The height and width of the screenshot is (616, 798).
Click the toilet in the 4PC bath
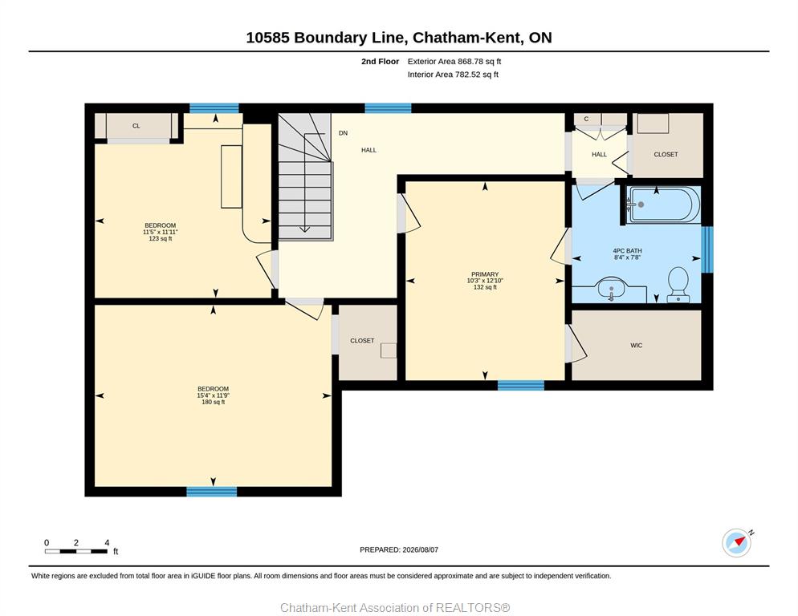tap(678, 285)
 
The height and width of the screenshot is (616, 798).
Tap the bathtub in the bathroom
tap(663, 205)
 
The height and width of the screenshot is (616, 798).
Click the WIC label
tap(636, 346)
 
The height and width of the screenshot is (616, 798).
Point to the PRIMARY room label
tap(485, 274)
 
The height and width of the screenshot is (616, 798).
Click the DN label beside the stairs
tap(343, 133)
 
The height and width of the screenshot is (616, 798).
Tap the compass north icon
tap(737, 542)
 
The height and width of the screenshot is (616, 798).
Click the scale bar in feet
tap(76, 551)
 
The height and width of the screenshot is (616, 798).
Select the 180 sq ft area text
tap(214, 403)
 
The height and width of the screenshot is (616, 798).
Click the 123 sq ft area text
tap(161, 238)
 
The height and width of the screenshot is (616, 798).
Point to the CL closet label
tap(136, 126)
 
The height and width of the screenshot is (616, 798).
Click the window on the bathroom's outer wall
tap(707, 249)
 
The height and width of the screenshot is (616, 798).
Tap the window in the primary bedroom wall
tap(521, 386)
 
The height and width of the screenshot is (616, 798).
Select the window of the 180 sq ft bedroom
tap(212, 492)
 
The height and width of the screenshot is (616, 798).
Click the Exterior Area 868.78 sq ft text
tap(454, 62)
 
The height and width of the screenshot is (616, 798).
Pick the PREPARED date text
tap(399, 550)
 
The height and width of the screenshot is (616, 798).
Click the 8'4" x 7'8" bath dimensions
tap(627, 258)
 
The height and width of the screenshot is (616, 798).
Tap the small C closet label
tap(586, 119)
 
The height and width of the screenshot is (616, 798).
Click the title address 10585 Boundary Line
tap(326, 38)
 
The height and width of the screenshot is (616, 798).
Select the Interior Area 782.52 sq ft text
tap(453, 75)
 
